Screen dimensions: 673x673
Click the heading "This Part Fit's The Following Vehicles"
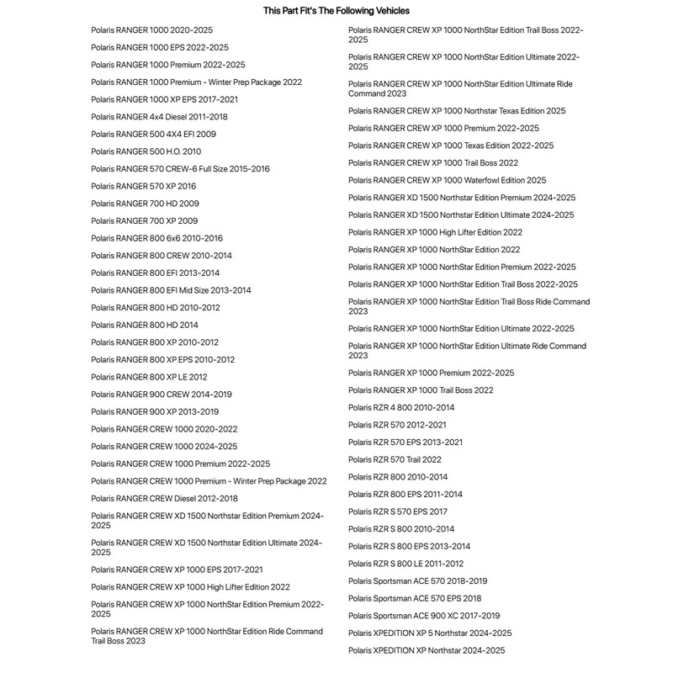(x=336, y=11)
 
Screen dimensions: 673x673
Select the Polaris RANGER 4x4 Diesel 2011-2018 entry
(x=159, y=117)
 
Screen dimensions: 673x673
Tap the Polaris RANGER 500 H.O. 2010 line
(x=146, y=151)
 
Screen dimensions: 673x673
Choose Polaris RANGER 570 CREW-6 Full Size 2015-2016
(x=180, y=169)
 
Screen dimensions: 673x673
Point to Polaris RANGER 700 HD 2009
(x=145, y=204)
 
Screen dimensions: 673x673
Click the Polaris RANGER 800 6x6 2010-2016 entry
(x=156, y=238)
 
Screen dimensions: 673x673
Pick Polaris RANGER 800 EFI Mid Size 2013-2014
(x=171, y=290)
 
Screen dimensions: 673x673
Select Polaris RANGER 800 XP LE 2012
(x=149, y=377)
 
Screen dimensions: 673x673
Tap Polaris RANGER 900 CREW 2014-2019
(x=162, y=395)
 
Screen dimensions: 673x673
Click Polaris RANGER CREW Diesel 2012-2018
(x=164, y=498)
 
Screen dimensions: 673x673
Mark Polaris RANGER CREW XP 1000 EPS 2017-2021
(x=177, y=570)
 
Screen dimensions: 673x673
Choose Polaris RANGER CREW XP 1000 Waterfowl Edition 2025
(x=447, y=180)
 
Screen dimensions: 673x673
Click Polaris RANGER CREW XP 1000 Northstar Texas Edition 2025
(x=457, y=111)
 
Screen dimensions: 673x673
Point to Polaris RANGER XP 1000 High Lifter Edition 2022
(x=435, y=232)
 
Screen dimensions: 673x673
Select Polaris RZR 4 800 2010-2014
(x=401, y=407)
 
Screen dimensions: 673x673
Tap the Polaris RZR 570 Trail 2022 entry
(x=395, y=459)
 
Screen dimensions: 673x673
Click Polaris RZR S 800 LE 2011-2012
(x=405, y=564)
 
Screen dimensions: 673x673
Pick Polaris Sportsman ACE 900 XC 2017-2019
(x=424, y=616)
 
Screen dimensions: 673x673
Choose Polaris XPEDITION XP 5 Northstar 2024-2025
(x=430, y=633)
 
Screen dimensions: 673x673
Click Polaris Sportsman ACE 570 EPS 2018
(x=415, y=598)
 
